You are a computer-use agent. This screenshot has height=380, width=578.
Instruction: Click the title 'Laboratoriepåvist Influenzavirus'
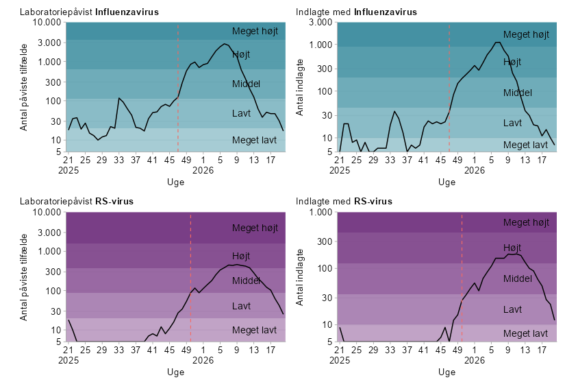89,12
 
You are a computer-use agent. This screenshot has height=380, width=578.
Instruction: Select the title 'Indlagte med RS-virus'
344,201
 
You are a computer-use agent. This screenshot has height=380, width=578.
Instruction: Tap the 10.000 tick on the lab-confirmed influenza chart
47,22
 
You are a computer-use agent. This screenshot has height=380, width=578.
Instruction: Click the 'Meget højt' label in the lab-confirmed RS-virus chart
255,228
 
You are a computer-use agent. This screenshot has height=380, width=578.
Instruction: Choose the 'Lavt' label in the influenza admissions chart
512,123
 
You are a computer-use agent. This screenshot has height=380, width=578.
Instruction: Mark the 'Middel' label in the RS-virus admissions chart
518,278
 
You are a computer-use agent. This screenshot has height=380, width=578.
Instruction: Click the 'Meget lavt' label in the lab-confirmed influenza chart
254,140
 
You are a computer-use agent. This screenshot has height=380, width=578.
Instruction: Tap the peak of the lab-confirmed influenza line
224,44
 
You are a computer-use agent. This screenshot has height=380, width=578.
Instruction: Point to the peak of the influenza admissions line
498,42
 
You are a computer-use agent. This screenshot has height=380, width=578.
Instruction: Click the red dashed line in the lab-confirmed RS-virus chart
190,277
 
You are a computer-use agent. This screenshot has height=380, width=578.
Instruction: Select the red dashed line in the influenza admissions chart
449,87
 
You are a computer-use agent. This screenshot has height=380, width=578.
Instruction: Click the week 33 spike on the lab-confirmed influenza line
118,98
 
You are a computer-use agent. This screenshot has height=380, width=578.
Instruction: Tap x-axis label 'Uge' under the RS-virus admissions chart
447,372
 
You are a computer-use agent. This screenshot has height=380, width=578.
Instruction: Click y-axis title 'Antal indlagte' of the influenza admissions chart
300,87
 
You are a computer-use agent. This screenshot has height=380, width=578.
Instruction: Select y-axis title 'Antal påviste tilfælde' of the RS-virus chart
23,277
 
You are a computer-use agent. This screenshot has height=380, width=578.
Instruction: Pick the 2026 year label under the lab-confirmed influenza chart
203,170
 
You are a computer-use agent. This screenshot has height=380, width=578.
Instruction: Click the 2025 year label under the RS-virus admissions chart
340,360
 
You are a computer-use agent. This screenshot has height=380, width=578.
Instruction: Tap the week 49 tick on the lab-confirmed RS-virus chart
186,349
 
